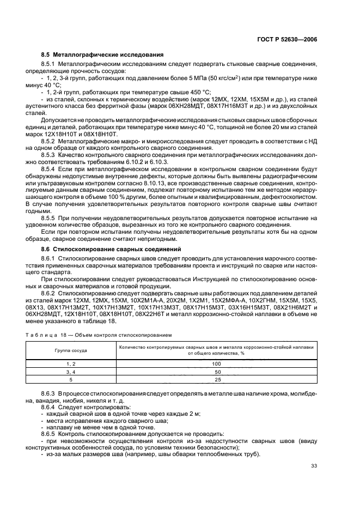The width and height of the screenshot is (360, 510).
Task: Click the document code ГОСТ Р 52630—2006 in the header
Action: pyautogui.click(x=288, y=39)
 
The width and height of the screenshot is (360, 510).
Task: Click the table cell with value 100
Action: pyautogui.click(x=216, y=363)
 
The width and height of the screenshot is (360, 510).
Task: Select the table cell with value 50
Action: pyautogui.click(x=216, y=371)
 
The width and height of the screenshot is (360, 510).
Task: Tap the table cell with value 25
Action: pyautogui.click(x=216, y=379)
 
